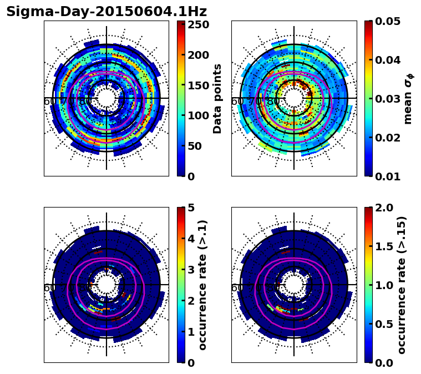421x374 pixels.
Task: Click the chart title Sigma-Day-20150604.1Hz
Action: point(106,12)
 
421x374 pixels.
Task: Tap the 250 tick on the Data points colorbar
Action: point(198,24)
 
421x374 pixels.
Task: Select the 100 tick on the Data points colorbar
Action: point(198,115)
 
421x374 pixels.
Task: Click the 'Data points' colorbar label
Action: point(217,98)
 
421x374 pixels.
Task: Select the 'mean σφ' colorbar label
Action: point(408,98)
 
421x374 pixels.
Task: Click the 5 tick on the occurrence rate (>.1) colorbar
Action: point(190,208)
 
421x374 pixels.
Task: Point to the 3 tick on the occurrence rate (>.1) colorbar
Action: point(190,270)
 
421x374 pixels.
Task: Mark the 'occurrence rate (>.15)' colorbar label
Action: point(402,285)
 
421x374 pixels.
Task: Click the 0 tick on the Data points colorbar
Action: point(190,176)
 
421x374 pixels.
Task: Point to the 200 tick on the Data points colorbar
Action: point(198,55)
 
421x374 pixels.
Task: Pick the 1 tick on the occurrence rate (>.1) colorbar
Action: point(190,332)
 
